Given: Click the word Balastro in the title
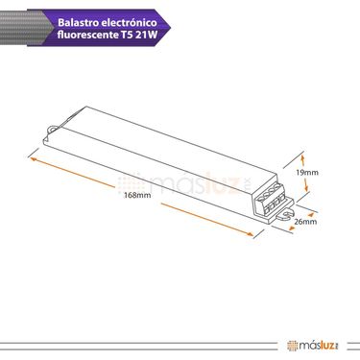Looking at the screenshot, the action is (78, 23).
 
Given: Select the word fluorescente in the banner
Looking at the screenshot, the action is (88, 35).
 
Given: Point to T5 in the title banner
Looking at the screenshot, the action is (127, 35).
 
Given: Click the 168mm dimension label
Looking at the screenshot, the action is (137, 195).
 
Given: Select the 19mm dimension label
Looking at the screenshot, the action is (307, 173).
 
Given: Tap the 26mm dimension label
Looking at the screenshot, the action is (305, 222).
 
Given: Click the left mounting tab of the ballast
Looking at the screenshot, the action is (52, 129).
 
